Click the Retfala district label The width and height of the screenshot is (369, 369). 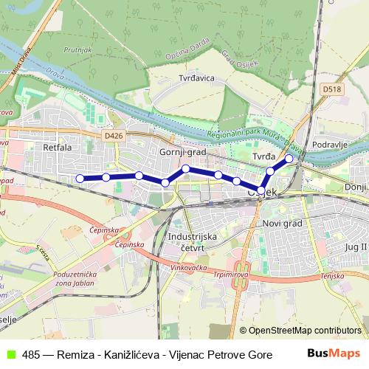click(x=57, y=148)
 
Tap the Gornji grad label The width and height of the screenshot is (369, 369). click(x=182, y=151)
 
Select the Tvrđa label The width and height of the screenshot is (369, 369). click(x=263, y=157)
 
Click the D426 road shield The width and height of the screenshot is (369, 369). click(x=113, y=136)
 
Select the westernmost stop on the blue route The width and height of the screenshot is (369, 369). click(x=80, y=178)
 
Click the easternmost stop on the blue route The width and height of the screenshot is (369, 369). click(x=289, y=159)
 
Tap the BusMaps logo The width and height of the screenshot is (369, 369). click(x=334, y=353)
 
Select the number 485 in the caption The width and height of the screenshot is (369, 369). click(x=31, y=354)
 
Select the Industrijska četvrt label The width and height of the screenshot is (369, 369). click(x=190, y=242)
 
